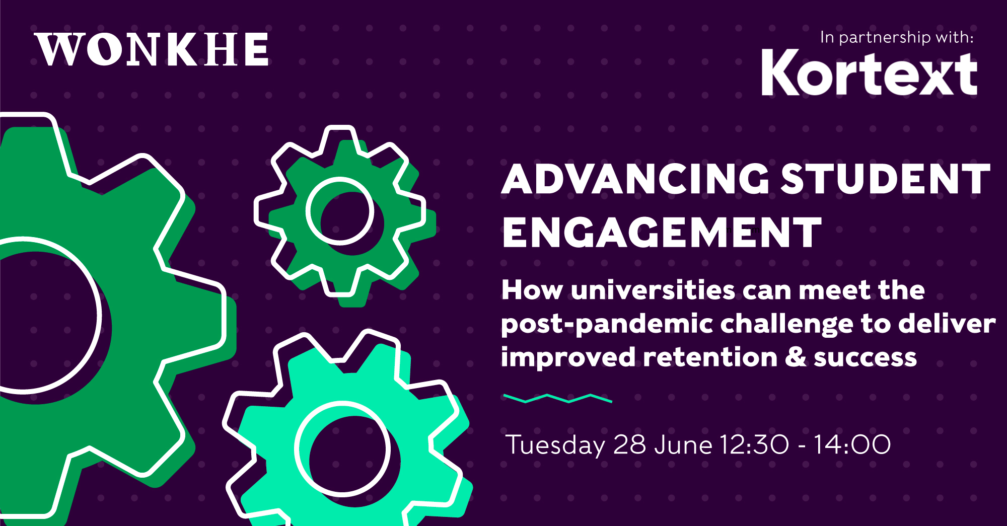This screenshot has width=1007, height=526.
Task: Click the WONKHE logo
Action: pos(152,49)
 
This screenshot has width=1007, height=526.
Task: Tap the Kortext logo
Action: pos(870,72)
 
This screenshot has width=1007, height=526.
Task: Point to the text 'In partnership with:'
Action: pos(897,38)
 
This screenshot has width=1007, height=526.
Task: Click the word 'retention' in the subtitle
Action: pos(710,357)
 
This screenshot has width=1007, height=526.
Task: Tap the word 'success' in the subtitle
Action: pos(865,358)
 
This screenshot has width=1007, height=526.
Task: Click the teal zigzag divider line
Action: pos(557,399)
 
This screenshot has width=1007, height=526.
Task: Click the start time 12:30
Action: pos(754,445)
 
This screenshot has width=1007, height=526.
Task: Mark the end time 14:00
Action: pos(852,445)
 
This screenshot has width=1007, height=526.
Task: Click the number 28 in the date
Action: pos(630,445)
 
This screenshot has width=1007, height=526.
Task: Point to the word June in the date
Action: pos(683,445)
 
